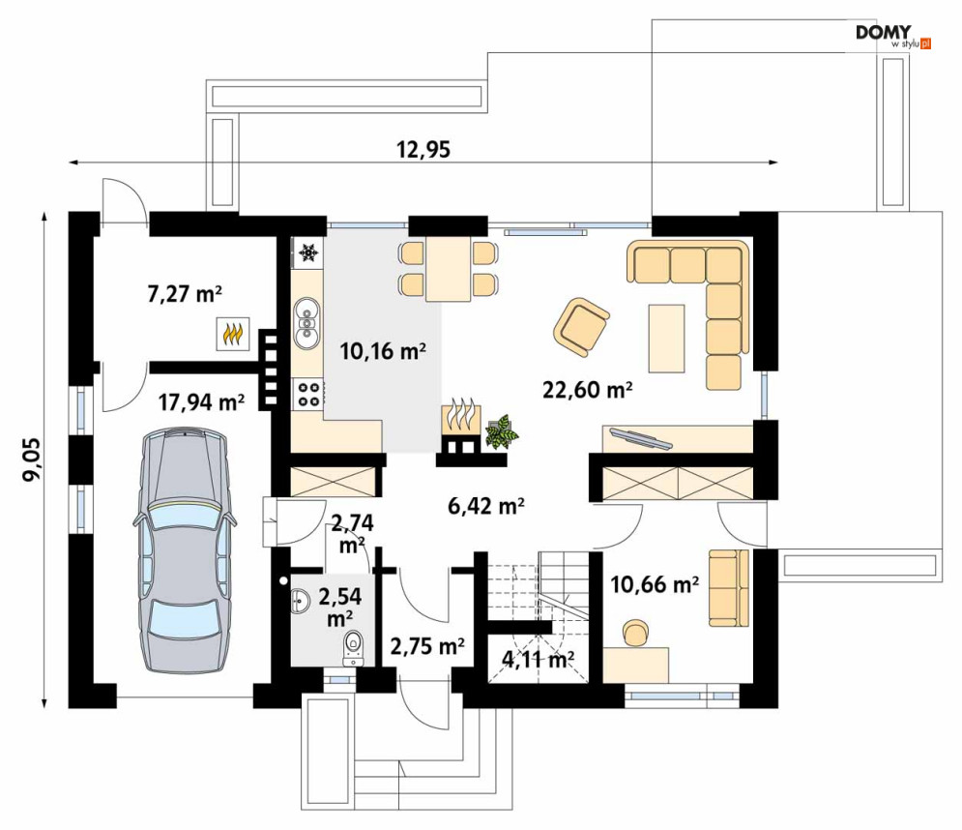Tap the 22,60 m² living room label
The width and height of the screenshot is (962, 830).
(x=587, y=390)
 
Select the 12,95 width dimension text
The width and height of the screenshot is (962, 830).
(x=423, y=149)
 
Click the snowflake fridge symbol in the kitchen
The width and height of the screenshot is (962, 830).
(x=308, y=252)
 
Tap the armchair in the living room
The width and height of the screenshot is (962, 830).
(x=581, y=327)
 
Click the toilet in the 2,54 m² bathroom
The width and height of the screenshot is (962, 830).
(x=353, y=647)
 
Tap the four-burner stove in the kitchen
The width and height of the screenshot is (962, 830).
(x=308, y=394)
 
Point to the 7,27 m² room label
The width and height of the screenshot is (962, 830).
(x=185, y=294)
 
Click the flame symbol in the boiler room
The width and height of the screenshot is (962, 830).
(x=233, y=334)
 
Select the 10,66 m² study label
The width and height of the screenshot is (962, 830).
(x=655, y=584)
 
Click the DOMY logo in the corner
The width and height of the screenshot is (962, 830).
(x=893, y=36)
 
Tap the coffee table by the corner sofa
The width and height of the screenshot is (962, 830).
(x=666, y=339)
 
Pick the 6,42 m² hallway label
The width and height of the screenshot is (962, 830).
(x=486, y=506)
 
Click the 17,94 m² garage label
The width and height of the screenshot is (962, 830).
(x=201, y=402)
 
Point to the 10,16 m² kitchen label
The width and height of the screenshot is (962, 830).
(x=383, y=351)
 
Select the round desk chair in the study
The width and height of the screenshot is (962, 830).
(x=635, y=633)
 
